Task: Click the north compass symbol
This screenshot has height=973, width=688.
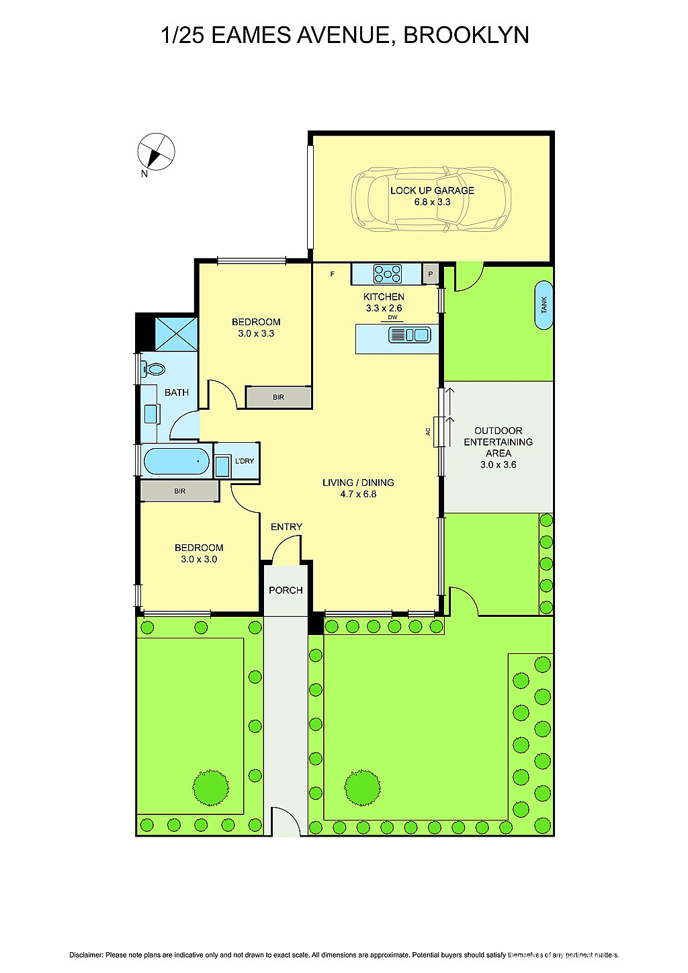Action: coord(156,152)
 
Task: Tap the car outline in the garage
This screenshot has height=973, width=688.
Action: coord(431,199)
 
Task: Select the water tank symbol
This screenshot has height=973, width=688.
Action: coord(544,305)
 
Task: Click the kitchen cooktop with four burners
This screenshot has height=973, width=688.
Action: coord(388,274)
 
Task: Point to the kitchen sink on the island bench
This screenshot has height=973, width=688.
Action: coord(410,335)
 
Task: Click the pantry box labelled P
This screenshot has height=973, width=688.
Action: coord(431,274)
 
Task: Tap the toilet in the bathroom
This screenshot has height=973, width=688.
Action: coord(155,369)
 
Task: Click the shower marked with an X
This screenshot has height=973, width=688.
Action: coord(176,334)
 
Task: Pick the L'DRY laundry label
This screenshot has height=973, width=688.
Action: coord(245,461)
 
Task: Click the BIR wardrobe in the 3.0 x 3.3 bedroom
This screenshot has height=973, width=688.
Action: coord(278,397)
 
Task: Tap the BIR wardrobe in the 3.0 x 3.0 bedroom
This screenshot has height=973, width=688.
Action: coord(179,491)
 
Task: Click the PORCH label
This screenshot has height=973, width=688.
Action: coord(286,590)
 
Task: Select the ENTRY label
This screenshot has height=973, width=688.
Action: coord(286,527)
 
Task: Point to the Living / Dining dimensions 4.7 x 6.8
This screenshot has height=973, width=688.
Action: coord(358,494)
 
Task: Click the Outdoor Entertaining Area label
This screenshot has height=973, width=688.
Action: coord(498,442)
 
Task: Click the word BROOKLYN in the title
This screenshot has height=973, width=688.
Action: coord(466,35)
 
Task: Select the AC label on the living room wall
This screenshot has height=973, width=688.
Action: coord(428,431)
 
